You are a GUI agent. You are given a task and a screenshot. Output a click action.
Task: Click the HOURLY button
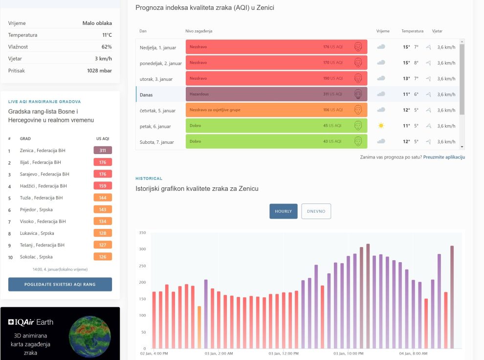click(283, 211)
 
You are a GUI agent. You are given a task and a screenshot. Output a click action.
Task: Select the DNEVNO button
click(316, 211)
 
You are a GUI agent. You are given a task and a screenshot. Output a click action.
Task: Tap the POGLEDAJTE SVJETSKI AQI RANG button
click(60, 284)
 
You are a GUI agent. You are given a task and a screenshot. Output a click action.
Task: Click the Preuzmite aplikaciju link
click(444, 157)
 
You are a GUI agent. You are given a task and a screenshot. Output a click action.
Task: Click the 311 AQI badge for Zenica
click(103, 151)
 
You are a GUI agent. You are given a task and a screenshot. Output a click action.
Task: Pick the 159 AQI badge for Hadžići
click(103, 186)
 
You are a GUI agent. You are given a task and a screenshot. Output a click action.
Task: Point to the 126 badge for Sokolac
click(103, 257)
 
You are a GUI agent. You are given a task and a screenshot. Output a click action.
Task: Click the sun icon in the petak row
click(381, 126)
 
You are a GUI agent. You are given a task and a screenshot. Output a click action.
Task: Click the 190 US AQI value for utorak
click(332, 78)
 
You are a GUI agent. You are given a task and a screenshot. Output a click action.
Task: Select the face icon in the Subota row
click(358, 141)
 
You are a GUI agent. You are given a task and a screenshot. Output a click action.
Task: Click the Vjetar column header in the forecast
click(437, 31)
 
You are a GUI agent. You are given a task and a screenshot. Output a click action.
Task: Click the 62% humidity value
click(107, 47)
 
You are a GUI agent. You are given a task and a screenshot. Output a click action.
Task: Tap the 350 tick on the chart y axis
click(142, 233)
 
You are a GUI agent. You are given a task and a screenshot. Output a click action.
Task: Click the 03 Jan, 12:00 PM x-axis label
click(283, 353)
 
